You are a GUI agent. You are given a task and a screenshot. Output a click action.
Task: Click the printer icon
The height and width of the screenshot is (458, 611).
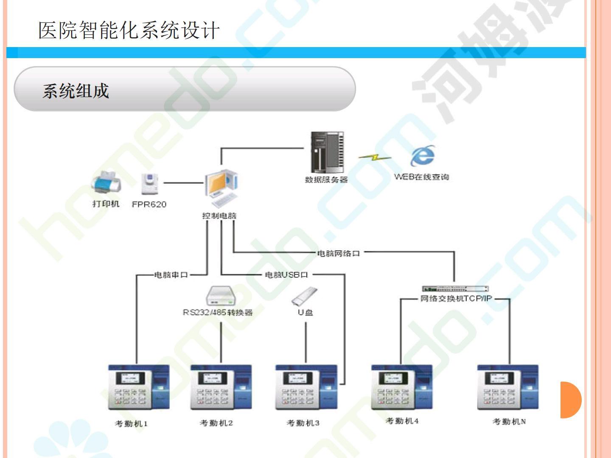tap(106, 183)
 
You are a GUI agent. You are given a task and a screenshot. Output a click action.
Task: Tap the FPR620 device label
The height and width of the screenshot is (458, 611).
tap(149, 204)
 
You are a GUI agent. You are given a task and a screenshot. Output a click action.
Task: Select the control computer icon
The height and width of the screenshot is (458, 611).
tap(221, 190)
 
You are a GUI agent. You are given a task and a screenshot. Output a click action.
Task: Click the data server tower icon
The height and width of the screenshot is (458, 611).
tap(327, 153)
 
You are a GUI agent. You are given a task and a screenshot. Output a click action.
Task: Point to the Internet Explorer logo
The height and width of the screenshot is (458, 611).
tap(422, 156)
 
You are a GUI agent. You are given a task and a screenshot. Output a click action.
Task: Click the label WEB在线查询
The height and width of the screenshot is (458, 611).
tap(421, 177)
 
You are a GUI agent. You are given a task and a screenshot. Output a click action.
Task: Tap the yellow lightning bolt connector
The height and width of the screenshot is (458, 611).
tap(374, 157)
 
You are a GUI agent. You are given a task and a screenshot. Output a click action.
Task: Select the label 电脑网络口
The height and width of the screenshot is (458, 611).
tap(339, 253)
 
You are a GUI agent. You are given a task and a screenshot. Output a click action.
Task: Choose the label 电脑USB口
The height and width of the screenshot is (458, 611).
tap(286, 275)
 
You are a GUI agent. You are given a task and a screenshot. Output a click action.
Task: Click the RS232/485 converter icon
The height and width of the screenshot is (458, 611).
tap(221, 296)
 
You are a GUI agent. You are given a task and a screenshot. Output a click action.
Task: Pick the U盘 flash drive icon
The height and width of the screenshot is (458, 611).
tap(304, 296)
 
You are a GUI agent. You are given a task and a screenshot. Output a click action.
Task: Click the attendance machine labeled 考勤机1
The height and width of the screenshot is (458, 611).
tap(139, 387)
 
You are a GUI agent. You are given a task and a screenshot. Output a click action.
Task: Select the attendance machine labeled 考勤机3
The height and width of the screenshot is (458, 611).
tap(306, 387)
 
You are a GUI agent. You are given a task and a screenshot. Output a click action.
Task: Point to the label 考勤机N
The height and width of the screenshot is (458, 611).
tap(509, 422)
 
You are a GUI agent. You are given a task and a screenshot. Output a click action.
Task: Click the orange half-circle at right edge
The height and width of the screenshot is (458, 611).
tap(570, 400)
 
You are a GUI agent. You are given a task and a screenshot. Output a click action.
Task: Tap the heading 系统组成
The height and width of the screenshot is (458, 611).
tap(76, 91)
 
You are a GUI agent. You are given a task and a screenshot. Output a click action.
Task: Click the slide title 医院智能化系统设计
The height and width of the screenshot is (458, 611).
tap(129, 31)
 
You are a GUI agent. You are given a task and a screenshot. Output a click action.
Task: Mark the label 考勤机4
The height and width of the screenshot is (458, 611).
tap(402, 421)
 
